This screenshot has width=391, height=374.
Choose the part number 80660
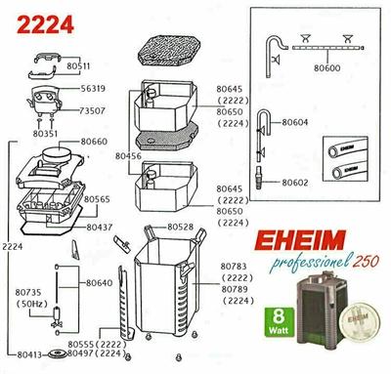click(x=95, y=143)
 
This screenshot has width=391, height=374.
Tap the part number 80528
click(x=181, y=227)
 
